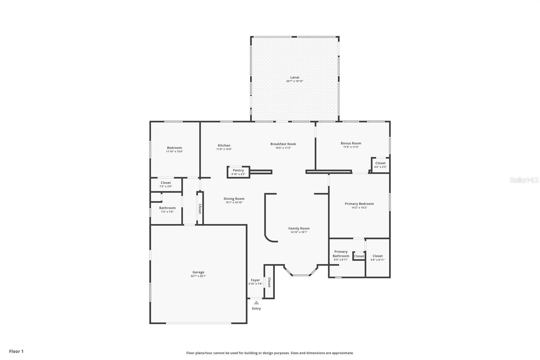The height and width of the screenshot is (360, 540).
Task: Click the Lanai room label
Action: [x=295, y=77]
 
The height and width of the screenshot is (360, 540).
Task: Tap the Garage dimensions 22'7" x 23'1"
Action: [x=198, y=276]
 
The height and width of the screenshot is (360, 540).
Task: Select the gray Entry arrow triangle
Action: [x=256, y=303]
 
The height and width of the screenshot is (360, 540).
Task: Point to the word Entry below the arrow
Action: [x=256, y=309]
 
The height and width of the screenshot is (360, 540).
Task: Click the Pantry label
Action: [x=238, y=170]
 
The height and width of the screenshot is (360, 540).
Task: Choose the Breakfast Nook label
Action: [x=283, y=144]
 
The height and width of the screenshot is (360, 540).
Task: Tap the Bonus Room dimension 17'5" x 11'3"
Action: [x=351, y=147]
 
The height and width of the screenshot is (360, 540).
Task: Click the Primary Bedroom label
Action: [x=359, y=204]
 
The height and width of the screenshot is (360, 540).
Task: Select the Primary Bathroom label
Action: [x=341, y=254]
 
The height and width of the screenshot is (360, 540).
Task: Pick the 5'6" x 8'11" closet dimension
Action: [x=378, y=260]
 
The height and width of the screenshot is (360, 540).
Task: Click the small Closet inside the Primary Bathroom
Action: [x=359, y=256]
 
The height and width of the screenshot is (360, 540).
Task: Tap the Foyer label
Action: [x=255, y=280]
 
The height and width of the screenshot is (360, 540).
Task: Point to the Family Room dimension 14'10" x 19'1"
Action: [x=299, y=232]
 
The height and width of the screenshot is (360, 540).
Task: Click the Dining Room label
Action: [x=234, y=199]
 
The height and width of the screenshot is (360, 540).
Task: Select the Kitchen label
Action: [x=224, y=146]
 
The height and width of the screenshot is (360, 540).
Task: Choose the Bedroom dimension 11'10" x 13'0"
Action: [x=174, y=152]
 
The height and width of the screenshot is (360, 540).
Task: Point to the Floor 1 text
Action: [x=17, y=351]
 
